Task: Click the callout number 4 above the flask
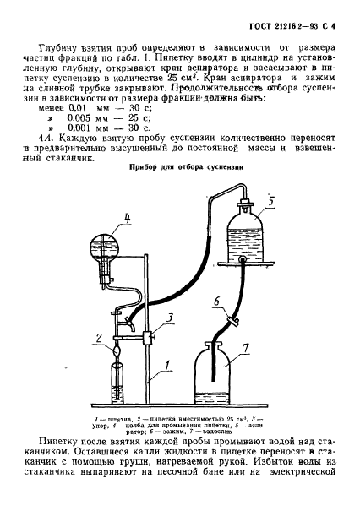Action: pyautogui.click(x=127, y=219)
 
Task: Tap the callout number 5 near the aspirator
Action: pyautogui.click(x=271, y=201)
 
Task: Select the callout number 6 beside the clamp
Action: pyautogui.click(x=217, y=302)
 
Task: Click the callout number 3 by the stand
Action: pyautogui.click(x=171, y=318)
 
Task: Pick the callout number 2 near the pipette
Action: pyautogui.click(x=99, y=338)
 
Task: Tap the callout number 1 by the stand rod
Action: pyautogui.click(x=167, y=365)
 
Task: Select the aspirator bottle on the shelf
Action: pyautogui.click(x=244, y=238)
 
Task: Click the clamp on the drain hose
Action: pyautogui.click(x=233, y=321)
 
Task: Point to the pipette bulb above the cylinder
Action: pyautogui.click(x=117, y=350)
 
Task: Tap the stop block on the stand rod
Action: pyautogui.click(x=147, y=337)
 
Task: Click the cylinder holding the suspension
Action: pyautogui.click(x=117, y=383)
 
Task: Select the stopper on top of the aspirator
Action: pyautogui.click(x=244, y=204)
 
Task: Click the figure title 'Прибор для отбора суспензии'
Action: pyautogui.click(x=187, y=167)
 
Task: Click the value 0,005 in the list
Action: pyautogui.click(x=79, y=118)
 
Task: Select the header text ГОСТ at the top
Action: pyautogui.click(x=260, y=26)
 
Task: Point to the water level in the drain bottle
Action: pyautogui.click(x=213, y=393)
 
